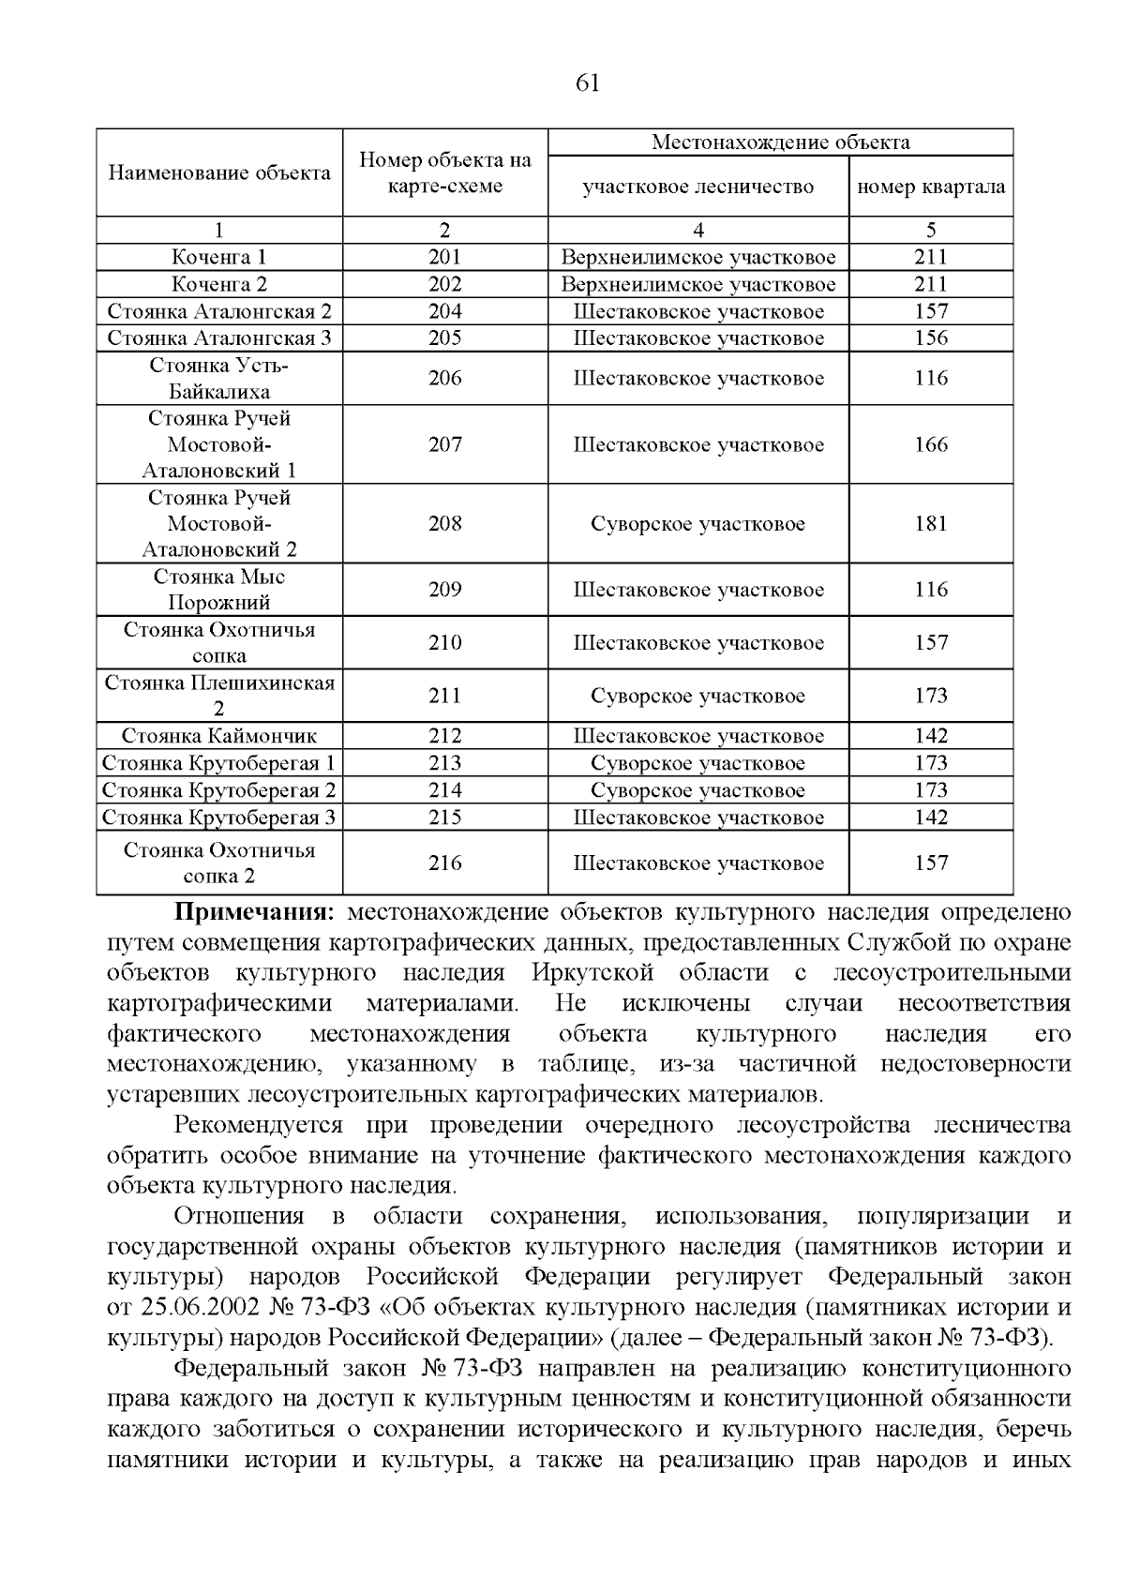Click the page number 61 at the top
[586, 83]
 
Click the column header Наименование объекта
[219, 173]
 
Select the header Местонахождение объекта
[780, 143]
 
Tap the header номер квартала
[931, 187]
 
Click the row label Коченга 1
[219, 257]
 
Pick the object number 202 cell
[444, 284]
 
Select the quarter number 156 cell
[931, 338]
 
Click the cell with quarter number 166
[931, 444]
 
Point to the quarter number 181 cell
[931, 523]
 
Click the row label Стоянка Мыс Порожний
[219, 590]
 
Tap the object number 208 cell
[444, 523]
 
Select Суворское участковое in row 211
[697, 696]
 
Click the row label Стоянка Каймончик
[219, 736]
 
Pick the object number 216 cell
[444, 863]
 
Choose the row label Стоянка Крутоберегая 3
[219, 818]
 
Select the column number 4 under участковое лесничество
[697, 231]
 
